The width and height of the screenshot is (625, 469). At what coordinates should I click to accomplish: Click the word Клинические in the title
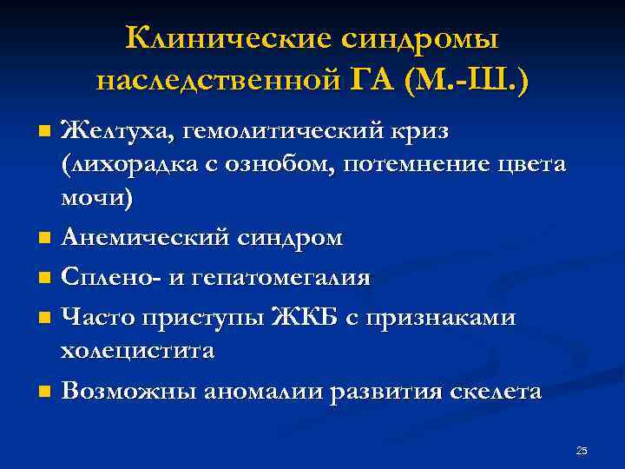point(223,38)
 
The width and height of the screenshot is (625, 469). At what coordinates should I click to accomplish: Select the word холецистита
point(149,351)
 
